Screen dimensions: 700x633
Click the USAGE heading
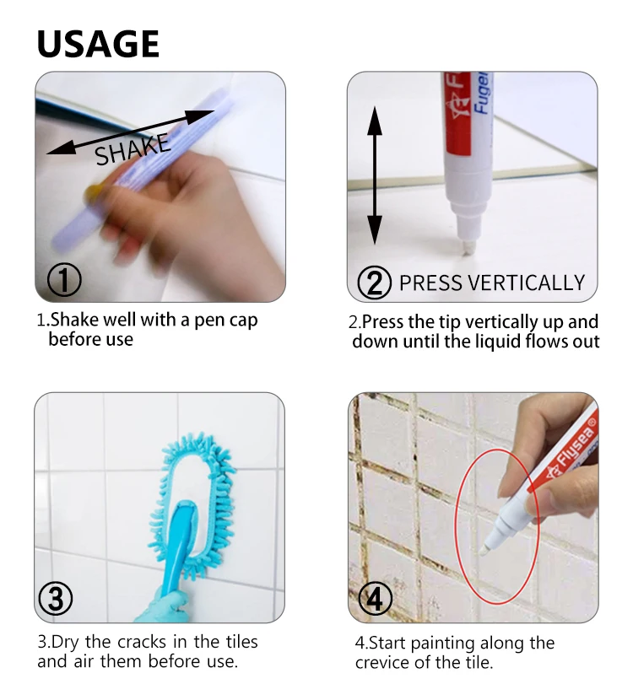click(x=98, y=44)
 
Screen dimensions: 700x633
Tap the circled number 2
click(x=374, y=282)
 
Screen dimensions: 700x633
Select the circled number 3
click(x=55, y=599)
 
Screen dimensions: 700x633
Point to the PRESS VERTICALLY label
click(x=491, y=283)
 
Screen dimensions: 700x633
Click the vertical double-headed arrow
click(x=375, y=176)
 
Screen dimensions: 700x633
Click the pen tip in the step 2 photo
click(x=466, y=248)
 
